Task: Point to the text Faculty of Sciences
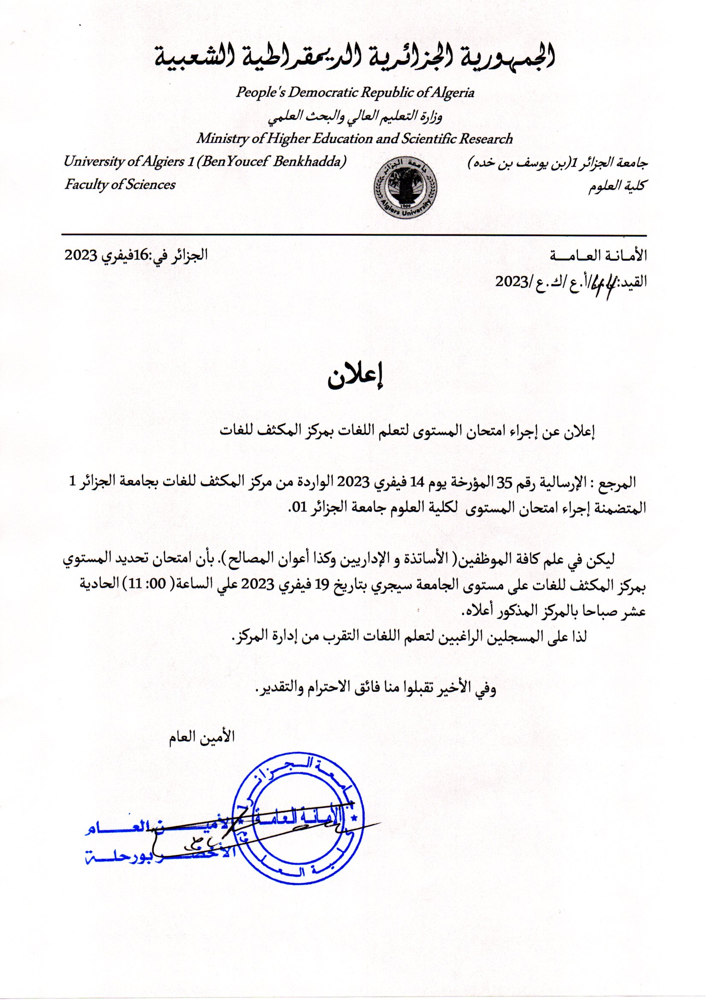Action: point(120,185)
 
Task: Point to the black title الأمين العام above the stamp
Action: point(202,737)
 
